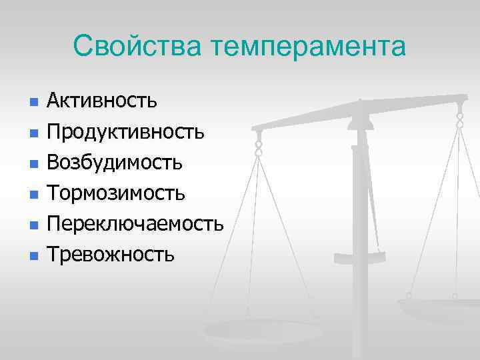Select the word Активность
(x=101, y=101)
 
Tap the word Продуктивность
(x=125, y=131)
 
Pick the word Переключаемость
(x=135, y=223)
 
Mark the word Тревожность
(x=111, y=254)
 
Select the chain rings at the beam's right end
(x=459, y=119)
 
